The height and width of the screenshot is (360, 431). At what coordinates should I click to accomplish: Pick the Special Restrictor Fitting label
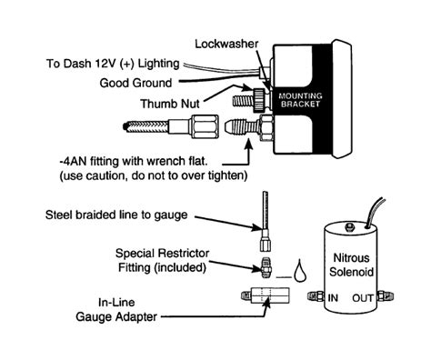[161, 259]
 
